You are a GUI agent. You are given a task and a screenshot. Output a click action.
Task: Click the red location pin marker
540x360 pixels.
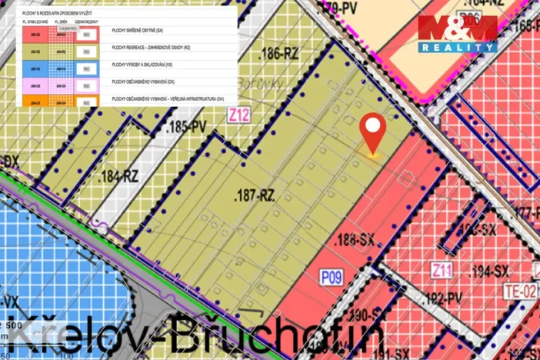pyautogui.click(x=373, y=133)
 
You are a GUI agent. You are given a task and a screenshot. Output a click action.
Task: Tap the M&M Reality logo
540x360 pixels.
pyautogui.click(x=457, y=32)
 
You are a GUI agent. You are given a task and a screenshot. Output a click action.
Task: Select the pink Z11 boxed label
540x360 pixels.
pyautogui.click(x=441, y=270)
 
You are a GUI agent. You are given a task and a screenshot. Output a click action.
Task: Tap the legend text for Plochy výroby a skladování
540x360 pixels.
pyautogui.click(x=142, y=67)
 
